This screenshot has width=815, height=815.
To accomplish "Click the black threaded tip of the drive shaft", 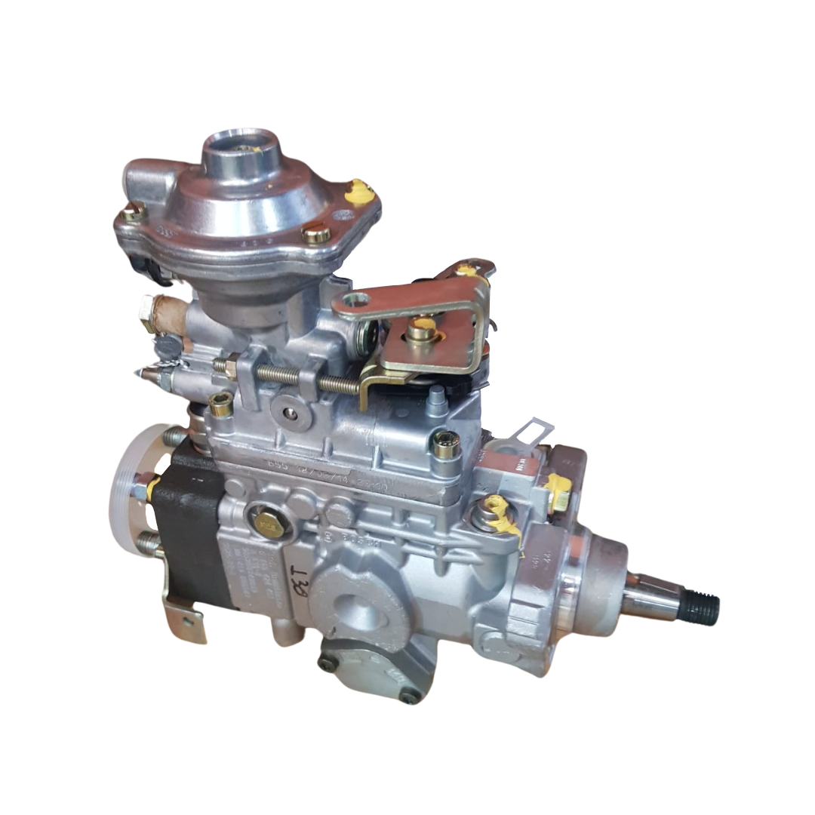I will [x=703, y=606].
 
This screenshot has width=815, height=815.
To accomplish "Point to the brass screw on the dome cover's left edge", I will [x=133, y=213].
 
